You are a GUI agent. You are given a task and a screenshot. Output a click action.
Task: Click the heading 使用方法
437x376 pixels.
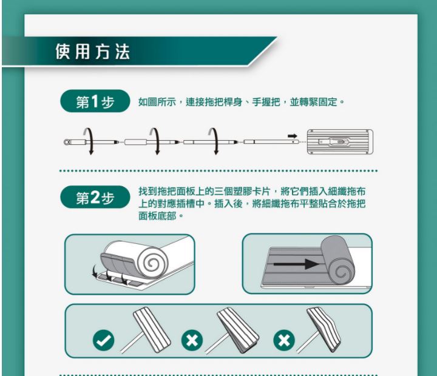click(93, 52)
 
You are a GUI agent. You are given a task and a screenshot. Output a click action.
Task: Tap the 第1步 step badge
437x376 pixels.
click(95, 101)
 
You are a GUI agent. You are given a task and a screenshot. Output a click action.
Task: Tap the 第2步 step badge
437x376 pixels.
click(95, 197)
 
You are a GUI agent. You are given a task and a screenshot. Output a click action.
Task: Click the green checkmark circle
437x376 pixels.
click(103, 340)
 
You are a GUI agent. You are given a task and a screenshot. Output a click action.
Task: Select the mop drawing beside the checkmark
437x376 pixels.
click(146, 330)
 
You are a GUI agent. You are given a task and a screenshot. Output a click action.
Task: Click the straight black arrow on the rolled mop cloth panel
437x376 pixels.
click(296, 264)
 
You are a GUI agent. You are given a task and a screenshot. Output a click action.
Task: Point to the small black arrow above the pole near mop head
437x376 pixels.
click(293, 136)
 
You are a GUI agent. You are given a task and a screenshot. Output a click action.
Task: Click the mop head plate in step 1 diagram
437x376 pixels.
click(340, 142)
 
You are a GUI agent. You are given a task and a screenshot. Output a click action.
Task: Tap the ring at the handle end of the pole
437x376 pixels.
click(67, 142)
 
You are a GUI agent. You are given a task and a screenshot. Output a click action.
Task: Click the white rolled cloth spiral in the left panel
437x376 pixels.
click(151, 263)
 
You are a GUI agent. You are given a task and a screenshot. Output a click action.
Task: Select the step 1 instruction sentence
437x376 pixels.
click(242, 102)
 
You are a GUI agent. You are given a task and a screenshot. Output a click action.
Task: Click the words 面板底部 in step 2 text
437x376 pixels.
click(157, 215)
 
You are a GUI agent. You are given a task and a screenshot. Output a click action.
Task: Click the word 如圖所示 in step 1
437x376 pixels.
click(157, 102)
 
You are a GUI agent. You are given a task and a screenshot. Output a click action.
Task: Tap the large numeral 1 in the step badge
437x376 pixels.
click(95, 101)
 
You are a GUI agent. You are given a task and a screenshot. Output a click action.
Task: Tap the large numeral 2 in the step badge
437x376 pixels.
click(95, 197)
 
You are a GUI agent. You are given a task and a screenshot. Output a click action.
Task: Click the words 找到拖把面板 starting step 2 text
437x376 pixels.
click(167, 192)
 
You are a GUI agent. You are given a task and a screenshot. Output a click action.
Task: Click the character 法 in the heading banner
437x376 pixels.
click(123, 52)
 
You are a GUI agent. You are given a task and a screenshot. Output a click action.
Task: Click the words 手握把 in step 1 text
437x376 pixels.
click(266, 102)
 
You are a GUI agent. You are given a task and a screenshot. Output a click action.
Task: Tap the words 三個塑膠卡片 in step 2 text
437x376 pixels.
click(242, 192)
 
